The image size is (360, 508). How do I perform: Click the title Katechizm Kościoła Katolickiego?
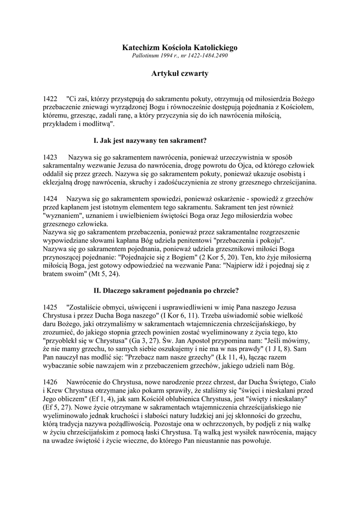tap(180, 48)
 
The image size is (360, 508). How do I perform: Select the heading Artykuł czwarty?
tap(180, 73)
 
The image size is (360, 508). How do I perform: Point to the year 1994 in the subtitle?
tap(168, 56)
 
